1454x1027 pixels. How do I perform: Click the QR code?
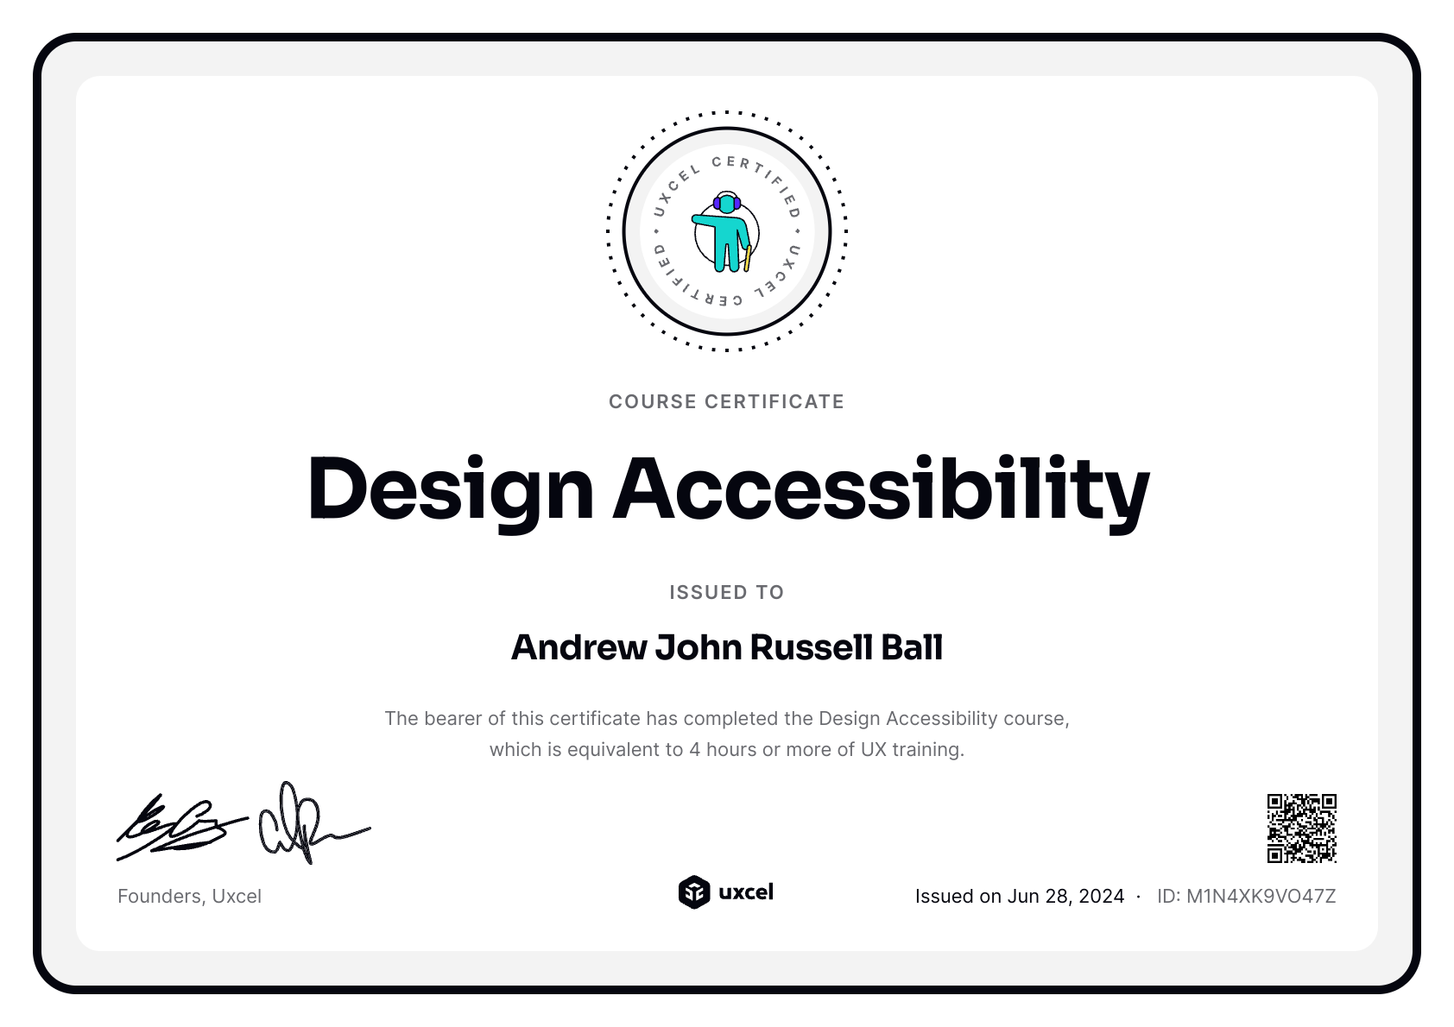(x=1301, y=829)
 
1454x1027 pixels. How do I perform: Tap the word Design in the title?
(x=450, y=488)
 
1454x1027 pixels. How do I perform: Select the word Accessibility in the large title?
(x=881, y=488)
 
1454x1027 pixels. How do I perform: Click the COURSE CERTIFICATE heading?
(x=726, y=401)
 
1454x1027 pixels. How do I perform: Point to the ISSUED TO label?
(x=726, y=592)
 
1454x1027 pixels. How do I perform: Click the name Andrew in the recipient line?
(x=578, y=647)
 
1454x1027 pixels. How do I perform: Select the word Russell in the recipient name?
(x=811, y=647)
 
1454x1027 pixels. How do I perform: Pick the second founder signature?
(x=307, y=824)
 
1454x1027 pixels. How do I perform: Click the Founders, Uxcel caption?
(x=189, y=896)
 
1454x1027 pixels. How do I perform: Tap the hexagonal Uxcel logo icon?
(x=693, y=892)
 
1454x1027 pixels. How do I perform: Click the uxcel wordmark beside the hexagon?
(x=746, y=892)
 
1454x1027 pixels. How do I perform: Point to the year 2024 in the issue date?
(x=1101, y=896)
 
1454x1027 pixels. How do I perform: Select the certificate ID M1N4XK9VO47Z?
(x=1261, y=896)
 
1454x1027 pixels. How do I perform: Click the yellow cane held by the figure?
(x=748, y=258)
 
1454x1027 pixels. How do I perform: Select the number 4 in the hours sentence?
(x=694, y=749)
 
